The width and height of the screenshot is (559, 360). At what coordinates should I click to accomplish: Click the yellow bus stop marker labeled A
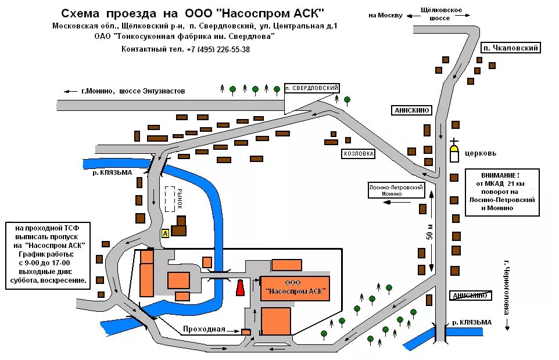click(165, 233)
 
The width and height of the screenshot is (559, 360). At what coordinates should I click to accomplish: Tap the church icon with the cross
click(454, 152)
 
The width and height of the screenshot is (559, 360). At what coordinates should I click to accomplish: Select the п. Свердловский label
click(311, 88)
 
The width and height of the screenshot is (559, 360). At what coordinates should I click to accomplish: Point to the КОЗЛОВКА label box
click(358, 154)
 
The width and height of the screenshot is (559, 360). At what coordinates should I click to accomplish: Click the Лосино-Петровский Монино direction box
click(396, 190)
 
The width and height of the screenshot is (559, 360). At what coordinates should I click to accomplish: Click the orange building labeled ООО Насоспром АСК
click(295, 287)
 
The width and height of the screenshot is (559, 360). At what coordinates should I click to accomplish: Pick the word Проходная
click(204, 329)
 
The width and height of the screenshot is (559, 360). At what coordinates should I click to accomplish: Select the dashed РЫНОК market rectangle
click(170, 199)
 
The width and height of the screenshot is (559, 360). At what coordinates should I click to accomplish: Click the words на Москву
click(385, 16)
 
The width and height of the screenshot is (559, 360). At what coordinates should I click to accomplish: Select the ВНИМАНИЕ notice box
click(502, 192)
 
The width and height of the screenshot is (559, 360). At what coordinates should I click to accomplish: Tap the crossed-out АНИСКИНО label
click(469, 296)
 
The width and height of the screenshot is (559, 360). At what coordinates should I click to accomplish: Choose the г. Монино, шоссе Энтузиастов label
click(133, 91)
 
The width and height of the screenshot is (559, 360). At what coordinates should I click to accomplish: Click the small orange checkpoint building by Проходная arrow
click(246, 332)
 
